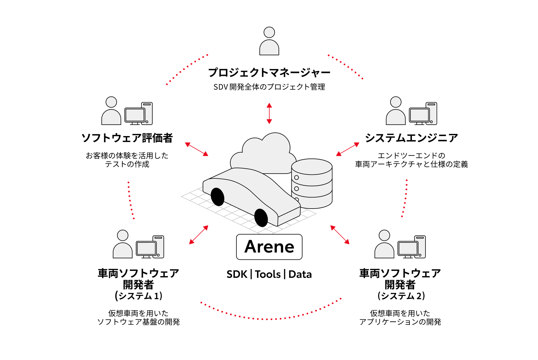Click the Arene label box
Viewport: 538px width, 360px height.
coord(269,247)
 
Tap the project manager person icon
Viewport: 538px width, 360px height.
coord(269,41)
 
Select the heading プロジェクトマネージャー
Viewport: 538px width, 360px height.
coord(269,72)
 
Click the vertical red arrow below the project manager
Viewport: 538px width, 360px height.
coord(269,113)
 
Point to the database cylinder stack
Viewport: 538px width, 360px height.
coord(312,183)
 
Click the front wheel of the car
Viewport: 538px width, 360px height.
coord(261,218)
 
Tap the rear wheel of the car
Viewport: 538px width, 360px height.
coord(218,197)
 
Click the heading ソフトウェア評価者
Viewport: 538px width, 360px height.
coord(127,138)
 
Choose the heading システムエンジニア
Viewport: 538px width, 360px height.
coord(411,138)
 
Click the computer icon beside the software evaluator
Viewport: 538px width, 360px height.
coord(138,114)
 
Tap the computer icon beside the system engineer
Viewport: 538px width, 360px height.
coord(423,114)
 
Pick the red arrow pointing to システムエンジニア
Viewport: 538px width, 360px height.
coord(348,149)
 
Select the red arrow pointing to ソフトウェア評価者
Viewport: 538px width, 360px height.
coord(197,149)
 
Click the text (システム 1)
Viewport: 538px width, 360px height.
coord(139,296)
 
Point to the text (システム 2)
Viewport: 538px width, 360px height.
coord(401,296)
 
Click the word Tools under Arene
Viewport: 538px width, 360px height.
coord(268,274)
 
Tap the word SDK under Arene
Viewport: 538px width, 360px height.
coord(237,274)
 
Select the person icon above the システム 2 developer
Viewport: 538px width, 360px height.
coord(384,244)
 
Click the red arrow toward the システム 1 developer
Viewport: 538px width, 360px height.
coord(199,235)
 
